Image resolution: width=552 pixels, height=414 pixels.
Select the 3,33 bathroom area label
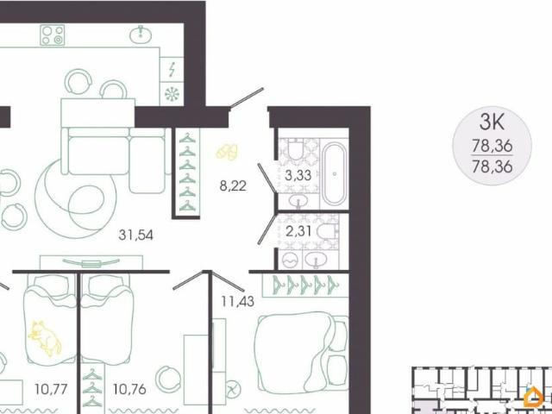click(296, 175)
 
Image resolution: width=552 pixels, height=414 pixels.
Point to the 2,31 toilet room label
click(296, 230)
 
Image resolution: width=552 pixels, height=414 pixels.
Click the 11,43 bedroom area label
click(236, 301)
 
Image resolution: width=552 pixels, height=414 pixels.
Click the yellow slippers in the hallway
click(229, 152)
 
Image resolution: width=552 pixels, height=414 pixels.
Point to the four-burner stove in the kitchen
click(53, 34)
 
